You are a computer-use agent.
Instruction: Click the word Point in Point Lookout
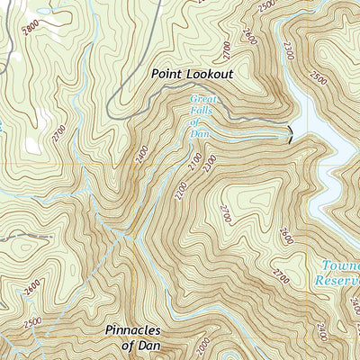(168, 74)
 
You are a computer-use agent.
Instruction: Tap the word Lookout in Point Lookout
(208, 74)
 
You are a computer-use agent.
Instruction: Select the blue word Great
(203, 101)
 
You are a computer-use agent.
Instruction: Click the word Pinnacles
(138, 330)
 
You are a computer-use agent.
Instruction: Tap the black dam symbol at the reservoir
(289, 135)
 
